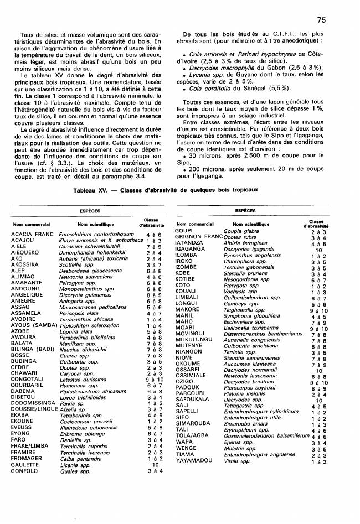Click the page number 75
(x=322, y=19)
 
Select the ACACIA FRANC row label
(x=31, y=235)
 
